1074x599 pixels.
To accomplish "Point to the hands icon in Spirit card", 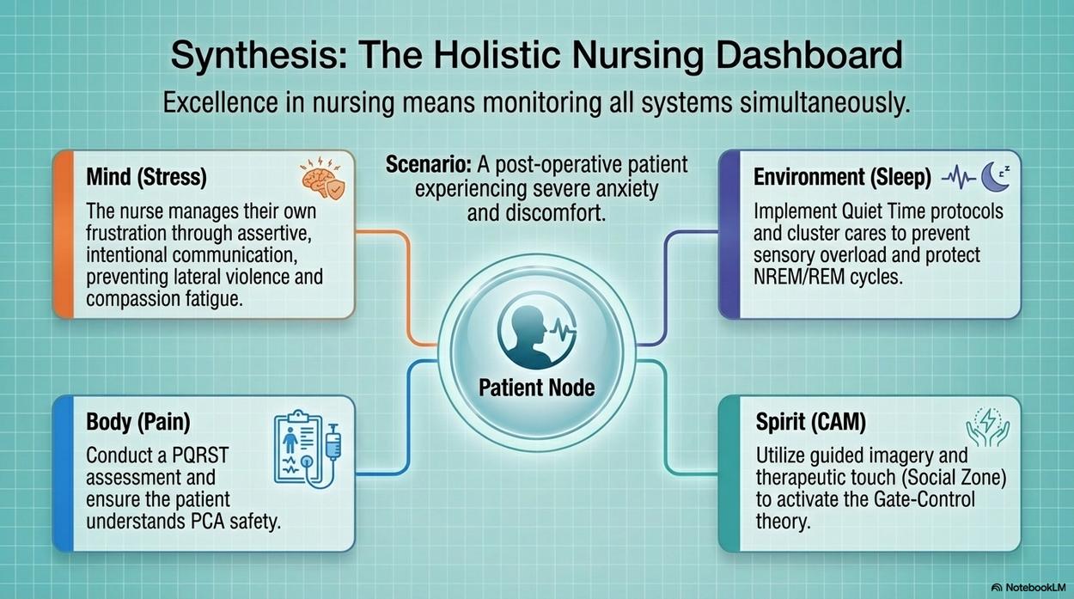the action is tap(988, 427).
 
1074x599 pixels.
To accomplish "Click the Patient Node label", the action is tap(536, 388).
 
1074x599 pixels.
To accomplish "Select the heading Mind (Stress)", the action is tap(146, 177).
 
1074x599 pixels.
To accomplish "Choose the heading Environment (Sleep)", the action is tap(842, 177).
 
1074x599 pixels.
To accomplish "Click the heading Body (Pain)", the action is tap(138, 422).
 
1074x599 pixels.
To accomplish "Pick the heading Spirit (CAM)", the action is tap(811, 422).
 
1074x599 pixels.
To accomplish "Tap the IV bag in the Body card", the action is tap(333, 443).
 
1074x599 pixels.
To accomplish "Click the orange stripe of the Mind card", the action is tap(64, 235).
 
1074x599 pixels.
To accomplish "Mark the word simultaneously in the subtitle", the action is tap(825, 102).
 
